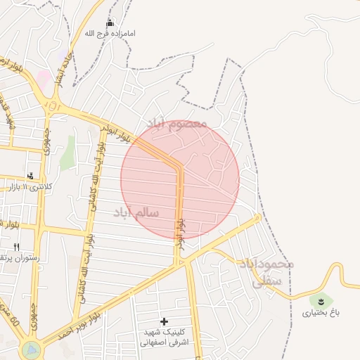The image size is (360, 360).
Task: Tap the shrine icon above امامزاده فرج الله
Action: pyautogui.click(x=109, y=23)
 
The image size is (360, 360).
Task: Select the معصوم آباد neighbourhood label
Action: pyautogui.click(x=176, y=124)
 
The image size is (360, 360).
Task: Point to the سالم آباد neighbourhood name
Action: pyautogui.click(x=135, y=212)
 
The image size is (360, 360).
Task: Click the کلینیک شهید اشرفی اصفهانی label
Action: pyautogui.click(x=165, y=337)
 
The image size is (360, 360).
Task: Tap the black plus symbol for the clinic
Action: pyautogui.click(x=165, y=321)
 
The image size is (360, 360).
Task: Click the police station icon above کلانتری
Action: pyautogui.click(x=30, y=176)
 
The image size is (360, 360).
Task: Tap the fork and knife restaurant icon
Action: pyautogui.click(x=16, y=247)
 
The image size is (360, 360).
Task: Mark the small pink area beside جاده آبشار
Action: pyautogui.click(x=44, y=77)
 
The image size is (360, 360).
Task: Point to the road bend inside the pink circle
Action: pyautogui.click(x=179, y=169)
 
